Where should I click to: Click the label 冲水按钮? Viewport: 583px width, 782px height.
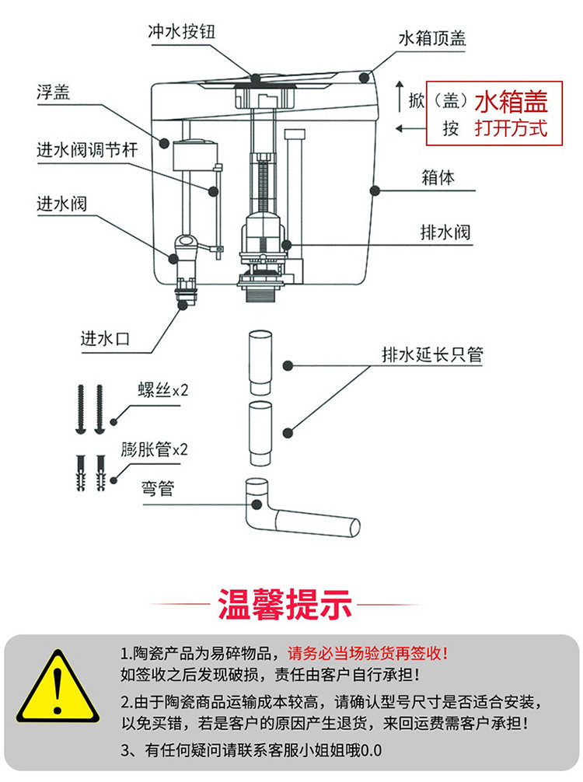180,32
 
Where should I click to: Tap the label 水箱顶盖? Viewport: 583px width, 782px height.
432,38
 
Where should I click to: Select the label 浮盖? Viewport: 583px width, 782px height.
53,93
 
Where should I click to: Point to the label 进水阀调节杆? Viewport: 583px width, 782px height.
87,149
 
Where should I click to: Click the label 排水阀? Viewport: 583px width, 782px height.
445,232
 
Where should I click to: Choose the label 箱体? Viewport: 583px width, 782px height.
437,177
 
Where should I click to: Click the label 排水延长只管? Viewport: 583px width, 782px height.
432,355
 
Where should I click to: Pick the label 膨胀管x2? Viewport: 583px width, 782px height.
155,449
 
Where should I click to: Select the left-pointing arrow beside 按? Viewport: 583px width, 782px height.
404,127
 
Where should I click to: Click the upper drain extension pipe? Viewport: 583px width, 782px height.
260,362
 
